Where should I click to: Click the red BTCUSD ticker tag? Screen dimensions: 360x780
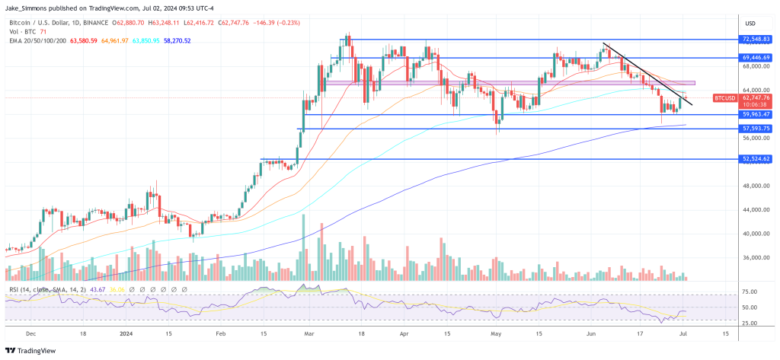(x=724, y=98)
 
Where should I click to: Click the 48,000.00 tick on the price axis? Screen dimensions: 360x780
(x=755, y=186)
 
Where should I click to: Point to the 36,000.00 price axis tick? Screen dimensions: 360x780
(x=755, y=257)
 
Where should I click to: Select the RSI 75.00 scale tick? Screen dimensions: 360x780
(x=751, y=292)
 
